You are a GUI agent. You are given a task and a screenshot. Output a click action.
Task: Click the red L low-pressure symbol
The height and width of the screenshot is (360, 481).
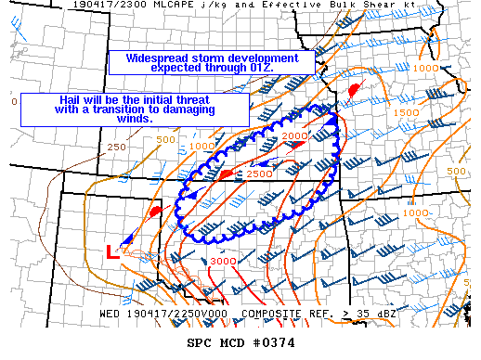pos(111,251)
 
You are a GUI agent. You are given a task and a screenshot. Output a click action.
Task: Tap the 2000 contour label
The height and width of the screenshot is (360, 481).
pos(294,137)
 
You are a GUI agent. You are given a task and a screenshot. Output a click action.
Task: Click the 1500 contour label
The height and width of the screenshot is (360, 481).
pos(407,112)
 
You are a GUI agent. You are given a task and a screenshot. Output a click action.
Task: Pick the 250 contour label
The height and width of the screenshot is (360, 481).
pos(116,147)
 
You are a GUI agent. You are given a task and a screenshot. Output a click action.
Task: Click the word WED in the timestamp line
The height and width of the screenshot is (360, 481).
pos(110,314)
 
